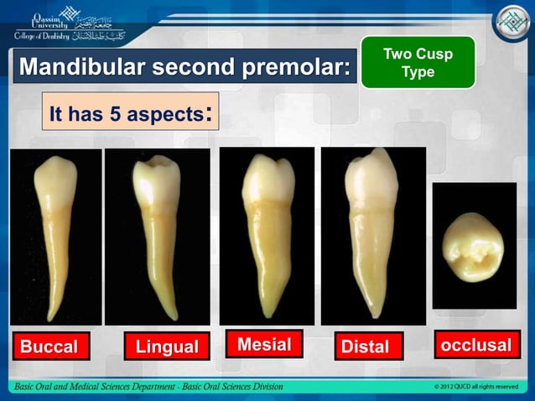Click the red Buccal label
[49, 346]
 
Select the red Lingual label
[167, 346]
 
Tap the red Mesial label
[264, 344]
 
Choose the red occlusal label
[475, 345]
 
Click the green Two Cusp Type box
[418, 63]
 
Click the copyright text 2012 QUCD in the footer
[475, 387]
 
